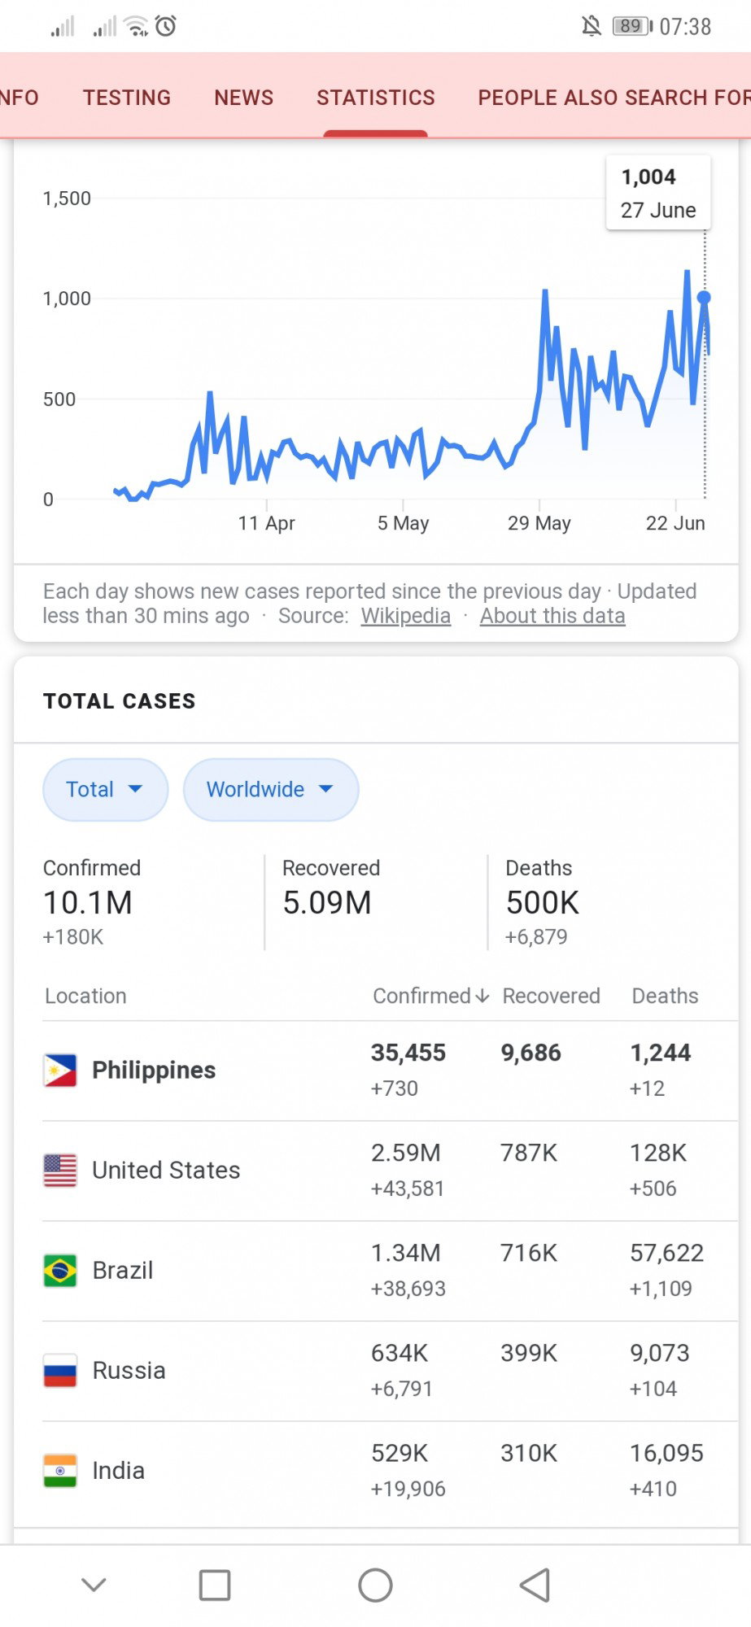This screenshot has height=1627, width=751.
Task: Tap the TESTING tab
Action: coord(127,98)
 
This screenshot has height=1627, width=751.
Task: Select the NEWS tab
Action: coord(244,98)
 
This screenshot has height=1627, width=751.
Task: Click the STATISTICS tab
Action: coord(376,98)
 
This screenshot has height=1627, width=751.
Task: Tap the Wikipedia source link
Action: coord(406,616)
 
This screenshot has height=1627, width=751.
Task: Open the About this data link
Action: coord(552,616)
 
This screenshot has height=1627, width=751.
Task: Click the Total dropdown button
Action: coord(105,789)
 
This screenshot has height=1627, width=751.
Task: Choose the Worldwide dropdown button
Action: coord(271,789)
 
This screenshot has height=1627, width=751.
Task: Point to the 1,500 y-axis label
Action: coord(67,198)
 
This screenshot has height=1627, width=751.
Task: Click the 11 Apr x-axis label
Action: coord(266,523)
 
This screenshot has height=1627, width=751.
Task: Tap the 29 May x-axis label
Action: coord(539,523)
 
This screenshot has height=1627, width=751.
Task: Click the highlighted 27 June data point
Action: coord(704,298)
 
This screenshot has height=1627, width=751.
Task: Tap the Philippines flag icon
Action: coord(60,1071)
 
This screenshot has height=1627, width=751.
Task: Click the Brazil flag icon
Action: coord(60,1271)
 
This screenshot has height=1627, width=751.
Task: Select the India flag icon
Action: coord(60,1471)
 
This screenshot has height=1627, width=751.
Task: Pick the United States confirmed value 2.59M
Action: coord(406,1153)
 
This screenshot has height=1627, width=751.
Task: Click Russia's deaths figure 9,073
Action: coord(660,1353)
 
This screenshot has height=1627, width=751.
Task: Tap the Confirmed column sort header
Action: coord(430,996)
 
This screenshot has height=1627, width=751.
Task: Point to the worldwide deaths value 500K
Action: coord(543,903)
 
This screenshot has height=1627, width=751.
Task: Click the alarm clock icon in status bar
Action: coord(166,26)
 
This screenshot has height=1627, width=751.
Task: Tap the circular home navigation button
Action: coord(375,1585)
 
